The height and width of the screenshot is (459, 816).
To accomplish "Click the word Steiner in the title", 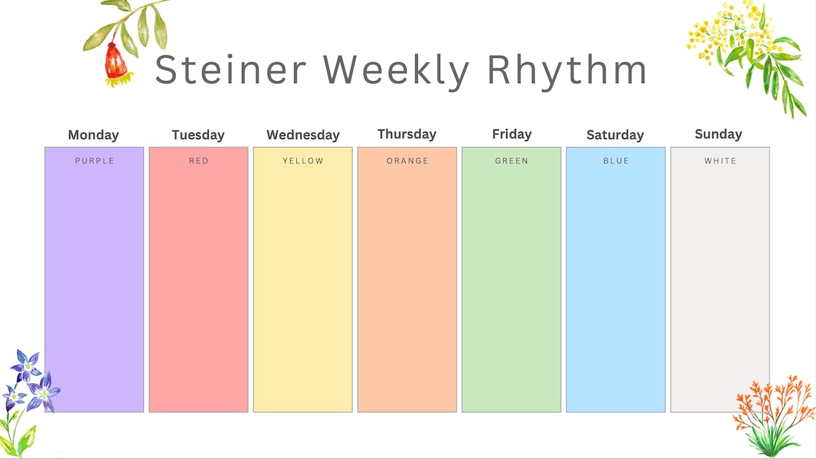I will pyautogui.click(x=230, y=69).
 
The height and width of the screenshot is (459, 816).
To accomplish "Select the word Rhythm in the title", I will pyautogui.click(x=567, y=69).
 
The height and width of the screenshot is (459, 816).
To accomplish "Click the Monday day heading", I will pyautogui.click(x=93, y=135).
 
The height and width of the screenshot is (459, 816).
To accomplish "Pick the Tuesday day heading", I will pyautogui.click(x=198, y=135).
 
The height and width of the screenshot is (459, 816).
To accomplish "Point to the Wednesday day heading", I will pyautogui.click(x=303, y=135).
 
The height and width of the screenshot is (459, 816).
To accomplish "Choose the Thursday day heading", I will pyautogui.click(x=407, y=134).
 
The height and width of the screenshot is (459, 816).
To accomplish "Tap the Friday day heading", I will pyautogui.click(x=512, y=134).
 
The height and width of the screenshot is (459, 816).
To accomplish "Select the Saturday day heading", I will pyautogui.click(x=615, y=135).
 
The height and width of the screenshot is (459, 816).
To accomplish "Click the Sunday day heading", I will pyautogui.click(x=718, y=134).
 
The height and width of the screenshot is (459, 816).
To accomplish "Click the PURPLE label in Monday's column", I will pyautogui.click(x=94, y=161).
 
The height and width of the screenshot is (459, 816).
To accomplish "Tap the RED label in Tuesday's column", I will pyautogui.click(x=199, y=161).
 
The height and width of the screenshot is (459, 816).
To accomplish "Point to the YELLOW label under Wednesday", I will pyautogui.click(x=303, y=161).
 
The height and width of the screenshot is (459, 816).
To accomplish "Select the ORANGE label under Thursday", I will pyautogui.click(x=407, y=161).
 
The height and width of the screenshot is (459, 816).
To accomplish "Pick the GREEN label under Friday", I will pyautogui.click(x=512, y=161).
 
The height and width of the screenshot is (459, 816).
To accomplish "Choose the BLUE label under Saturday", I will pyautogui.click(x=616, y=161).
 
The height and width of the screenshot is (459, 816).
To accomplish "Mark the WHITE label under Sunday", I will pyautogui.click(x=720, y=161).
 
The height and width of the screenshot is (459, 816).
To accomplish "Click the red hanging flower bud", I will pyautogui.click(x=115, y=63).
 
